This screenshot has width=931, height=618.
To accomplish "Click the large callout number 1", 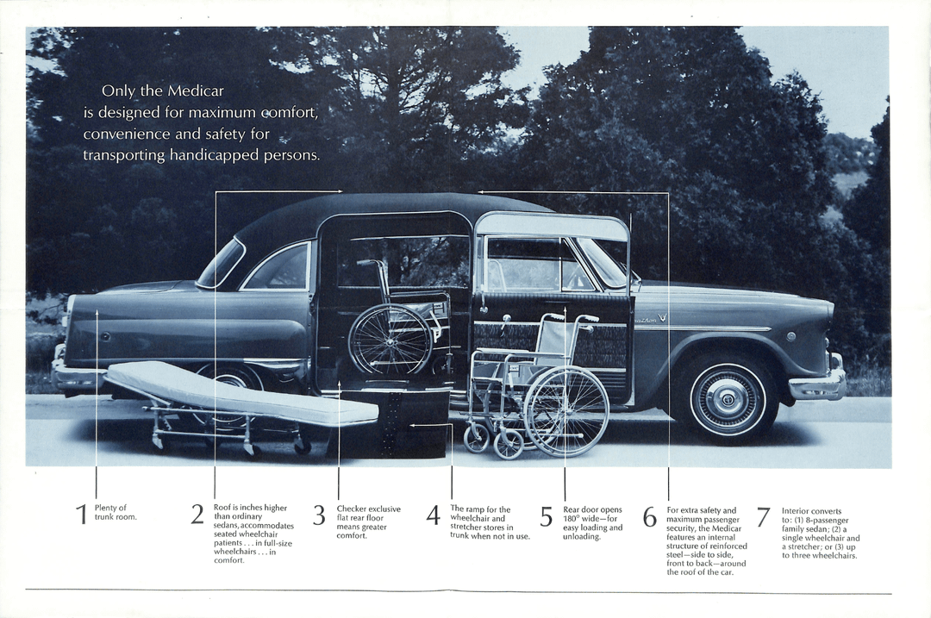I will point(82,514).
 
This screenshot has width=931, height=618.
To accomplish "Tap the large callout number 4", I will point(434,515).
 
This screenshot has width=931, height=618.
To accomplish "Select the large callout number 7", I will point(763,516).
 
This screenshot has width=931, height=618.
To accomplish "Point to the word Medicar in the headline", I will point(196,91).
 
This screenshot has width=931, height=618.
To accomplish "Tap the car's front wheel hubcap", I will point(728,398).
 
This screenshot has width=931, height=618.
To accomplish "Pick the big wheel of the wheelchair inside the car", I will point(390,339).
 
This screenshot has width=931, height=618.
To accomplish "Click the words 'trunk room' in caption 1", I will point(116,517).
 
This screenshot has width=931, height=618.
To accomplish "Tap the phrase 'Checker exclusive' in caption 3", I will point(368,509).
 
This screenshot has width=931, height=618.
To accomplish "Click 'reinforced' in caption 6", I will point(726,546).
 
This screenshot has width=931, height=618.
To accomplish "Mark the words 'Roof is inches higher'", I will point(250,508).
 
